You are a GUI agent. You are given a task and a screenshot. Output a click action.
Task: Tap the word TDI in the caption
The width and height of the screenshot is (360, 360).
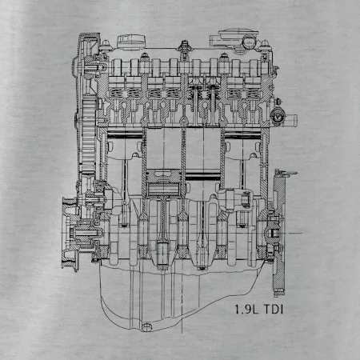click(274, 310)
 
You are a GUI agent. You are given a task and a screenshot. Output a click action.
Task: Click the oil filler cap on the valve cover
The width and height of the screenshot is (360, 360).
click(131, 42)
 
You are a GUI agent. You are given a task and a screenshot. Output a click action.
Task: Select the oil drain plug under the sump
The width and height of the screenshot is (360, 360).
click(146, 326)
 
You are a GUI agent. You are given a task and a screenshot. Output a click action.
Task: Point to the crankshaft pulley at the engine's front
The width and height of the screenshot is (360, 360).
click(70, 234)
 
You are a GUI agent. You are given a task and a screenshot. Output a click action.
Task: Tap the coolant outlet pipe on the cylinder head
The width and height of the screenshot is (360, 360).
click(290, 118)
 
